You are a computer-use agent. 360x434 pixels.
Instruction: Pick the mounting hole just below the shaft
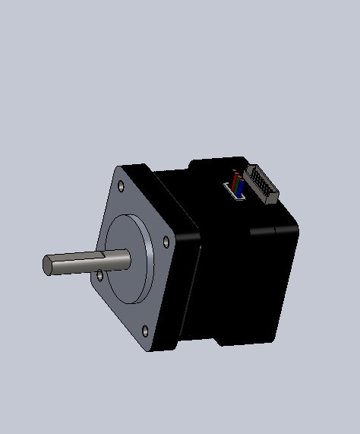tap(100, 274)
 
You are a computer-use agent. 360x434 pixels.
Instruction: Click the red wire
tap(235, 183)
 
